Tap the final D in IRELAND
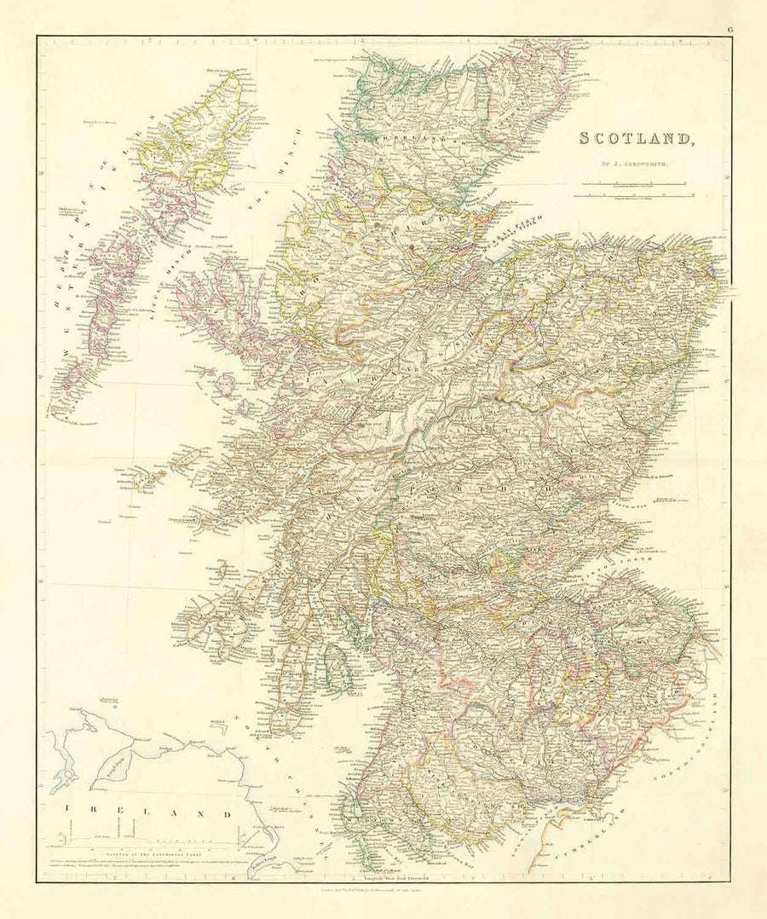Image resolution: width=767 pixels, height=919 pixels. (x=228, y=814)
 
